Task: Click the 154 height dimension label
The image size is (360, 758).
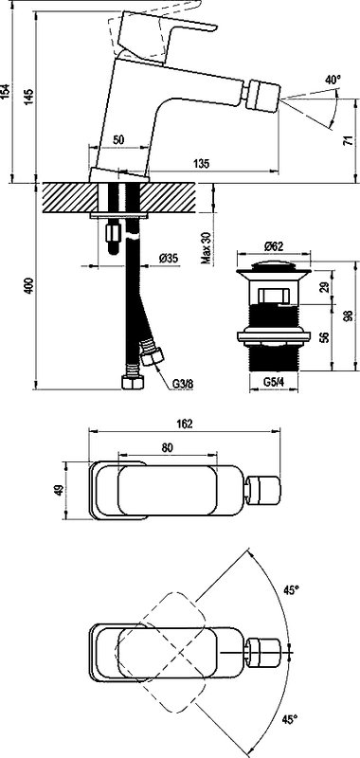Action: click(x=6, y=91)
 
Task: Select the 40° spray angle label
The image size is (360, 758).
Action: click(x=333, y=80)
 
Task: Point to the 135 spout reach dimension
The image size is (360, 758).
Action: click(x=203, y=164)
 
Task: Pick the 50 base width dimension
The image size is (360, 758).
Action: click(x=118, y=139)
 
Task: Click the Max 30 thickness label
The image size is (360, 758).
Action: click(x=206, y=247)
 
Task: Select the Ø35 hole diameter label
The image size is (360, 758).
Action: click(x=169, y=258)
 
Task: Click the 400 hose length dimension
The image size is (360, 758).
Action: click(x=30, y=286)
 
